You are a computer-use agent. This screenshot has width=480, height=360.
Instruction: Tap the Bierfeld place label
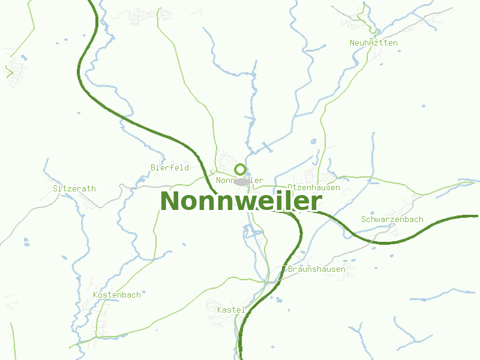pyautogui.click(x=170, y=167)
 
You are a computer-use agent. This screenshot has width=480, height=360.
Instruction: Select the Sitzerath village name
pyautogui.click(x=74, y=188)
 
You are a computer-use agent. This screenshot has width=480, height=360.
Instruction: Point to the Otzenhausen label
pyautogui.click(x=314, y=187)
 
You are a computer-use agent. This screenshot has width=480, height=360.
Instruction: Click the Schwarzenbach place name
pyautogui.click(x=392, y=219)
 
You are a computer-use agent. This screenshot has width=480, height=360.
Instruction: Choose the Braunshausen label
pyautogui.click(x=317, y=269)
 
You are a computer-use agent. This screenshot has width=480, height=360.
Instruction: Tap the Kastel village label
pyautogui.click(x=231, y=310)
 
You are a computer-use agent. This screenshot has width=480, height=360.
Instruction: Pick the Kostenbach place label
pyautogui.click(x=117, y=295)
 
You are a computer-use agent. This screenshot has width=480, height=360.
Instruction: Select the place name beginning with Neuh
pyautogui.click(x=373, y=43)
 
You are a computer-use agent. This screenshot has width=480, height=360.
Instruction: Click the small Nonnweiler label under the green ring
pyautogui.click(x=239, y=181)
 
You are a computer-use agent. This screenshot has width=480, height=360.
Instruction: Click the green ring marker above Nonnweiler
pyautogui.click(x=241, y=169)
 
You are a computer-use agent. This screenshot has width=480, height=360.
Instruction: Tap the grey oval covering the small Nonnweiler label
pyautogui.click(x=242, y=181)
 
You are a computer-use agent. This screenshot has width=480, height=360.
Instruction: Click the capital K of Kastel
pyautogui.click(x=220, y=310)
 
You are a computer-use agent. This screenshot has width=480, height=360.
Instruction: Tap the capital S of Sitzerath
pyautogui.click(x=56, y=188)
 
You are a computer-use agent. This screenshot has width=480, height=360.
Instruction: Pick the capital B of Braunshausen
pyautogui.click(x=290, y=269)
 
